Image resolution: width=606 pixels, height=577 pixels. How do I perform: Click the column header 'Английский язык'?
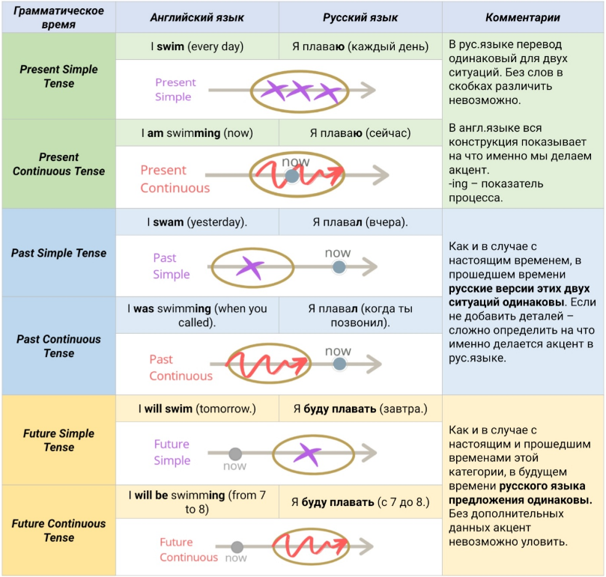tap(197, 17)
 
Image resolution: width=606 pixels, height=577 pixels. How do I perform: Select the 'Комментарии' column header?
tap(523, 17)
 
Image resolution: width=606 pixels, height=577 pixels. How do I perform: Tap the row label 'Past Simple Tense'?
tap(58, 253)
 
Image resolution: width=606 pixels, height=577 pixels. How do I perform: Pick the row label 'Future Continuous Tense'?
tap(58, 531)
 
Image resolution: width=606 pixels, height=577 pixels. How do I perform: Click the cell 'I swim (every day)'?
tap(197, 46)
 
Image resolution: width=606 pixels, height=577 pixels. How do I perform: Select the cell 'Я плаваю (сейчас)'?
tap(360, 133)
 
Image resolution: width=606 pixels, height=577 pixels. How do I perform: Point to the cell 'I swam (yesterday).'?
tap(197, 222)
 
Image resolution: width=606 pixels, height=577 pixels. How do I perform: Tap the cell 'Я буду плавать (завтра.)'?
tap(360, 409)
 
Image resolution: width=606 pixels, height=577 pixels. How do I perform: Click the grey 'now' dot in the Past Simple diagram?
tap(339, 267)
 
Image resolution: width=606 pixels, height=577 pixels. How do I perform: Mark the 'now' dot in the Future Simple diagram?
tap(235, 454)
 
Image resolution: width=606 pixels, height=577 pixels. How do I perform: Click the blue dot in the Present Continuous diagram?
tap(292, 176)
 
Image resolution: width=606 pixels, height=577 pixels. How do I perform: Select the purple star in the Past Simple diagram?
tap(250, 267)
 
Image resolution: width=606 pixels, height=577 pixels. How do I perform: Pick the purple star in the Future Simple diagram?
tap(307, 454)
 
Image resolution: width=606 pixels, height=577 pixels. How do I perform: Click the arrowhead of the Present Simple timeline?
tap(369, 90)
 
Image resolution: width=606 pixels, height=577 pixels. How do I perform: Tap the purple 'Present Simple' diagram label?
tap(175, 90)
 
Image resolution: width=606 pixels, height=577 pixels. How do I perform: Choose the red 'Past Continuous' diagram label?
tap(181, 367)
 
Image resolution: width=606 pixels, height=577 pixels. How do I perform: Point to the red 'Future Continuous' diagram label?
tap(189, 550)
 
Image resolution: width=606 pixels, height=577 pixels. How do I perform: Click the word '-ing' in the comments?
tap(458, 184)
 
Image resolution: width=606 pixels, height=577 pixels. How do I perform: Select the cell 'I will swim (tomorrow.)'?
tap(197, 409)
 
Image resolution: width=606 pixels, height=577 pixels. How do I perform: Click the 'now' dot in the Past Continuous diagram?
tap(339, 364)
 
